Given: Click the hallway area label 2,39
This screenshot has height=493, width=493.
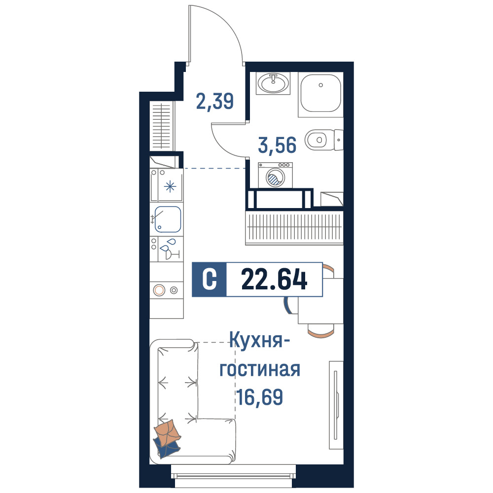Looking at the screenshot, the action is [215, 101].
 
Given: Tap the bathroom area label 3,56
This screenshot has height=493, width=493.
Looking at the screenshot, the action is [277, 145].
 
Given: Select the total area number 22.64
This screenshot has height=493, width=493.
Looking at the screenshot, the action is [274, 280].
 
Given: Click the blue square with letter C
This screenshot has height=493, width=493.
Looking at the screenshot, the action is [209, 280].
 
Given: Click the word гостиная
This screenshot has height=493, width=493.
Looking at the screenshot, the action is [260, 369].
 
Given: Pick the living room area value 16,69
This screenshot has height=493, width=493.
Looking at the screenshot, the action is [260, 397].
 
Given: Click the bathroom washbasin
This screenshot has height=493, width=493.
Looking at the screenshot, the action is [273, 83].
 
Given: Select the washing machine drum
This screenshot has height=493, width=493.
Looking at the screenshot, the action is [275, 177].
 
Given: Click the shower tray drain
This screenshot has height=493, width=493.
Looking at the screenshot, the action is [321, 85].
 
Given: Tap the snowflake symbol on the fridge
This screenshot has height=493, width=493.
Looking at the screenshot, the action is [170, 187].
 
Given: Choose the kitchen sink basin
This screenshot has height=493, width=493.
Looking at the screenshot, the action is [168, 219].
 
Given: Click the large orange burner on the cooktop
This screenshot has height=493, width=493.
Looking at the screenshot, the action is [159, 290].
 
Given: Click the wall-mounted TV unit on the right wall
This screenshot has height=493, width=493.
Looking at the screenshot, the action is [336, 405].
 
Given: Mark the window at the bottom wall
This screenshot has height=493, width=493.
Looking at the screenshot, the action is [233, 475].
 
